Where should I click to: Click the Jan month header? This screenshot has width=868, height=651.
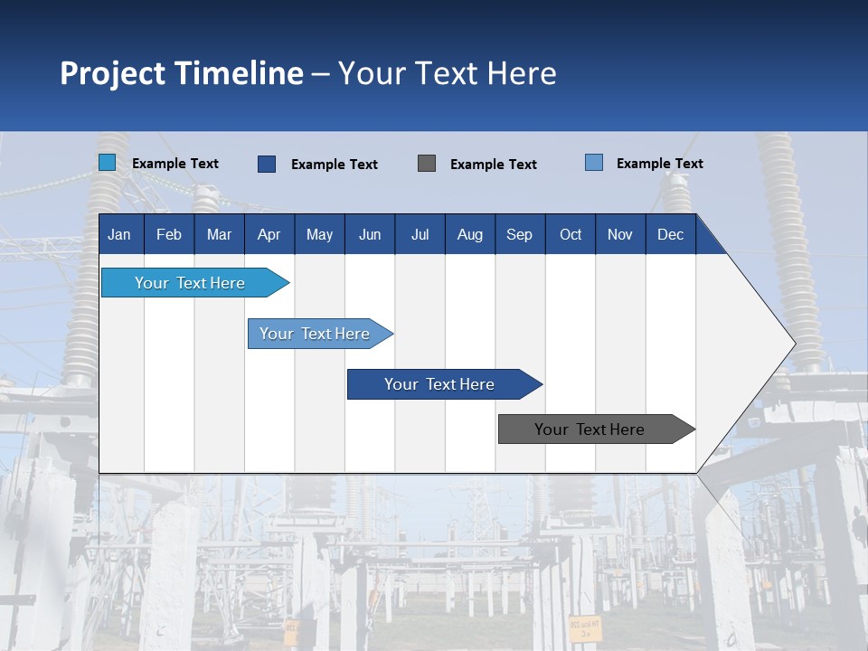tap(119, 234)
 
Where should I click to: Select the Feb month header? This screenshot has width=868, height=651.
tap(169, 234)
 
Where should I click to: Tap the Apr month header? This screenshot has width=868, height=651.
tap(269, 234)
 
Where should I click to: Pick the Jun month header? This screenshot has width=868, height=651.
tap(370, 234)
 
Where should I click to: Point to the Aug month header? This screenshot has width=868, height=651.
tap(469, 234)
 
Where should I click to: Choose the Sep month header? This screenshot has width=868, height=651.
tap(519, 234)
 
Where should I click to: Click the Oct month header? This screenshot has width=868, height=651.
tap(571, 234)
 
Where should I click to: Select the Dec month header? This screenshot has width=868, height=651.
tap(670, 234)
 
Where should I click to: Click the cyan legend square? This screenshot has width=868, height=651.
tap(107, 163)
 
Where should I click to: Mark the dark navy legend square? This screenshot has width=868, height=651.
tap(266, 164)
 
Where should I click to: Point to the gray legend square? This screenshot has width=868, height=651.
tap(427, 164)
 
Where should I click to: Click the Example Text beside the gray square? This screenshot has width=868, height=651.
tap(493, 165)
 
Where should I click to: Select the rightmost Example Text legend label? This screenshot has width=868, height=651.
tap(659, 164)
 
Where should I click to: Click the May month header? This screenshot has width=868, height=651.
tap(319, 234)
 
